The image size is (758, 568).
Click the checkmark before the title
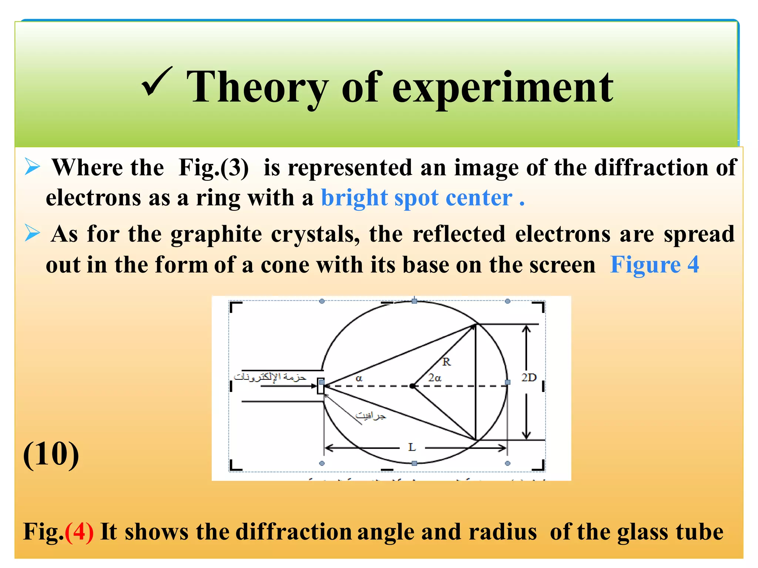pyautogui.click(x=157, y=82)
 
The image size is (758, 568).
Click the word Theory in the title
pyautogui.click(x=257, y=88)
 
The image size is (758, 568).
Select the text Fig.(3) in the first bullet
pyautogui.click(x=214, y=168)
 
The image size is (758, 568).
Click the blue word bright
pyautogui.click(x=354, y=198)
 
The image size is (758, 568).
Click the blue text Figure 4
pyautogui.click(x=654, y=265)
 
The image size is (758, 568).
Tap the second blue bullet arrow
pyautogui.click(x=33, y=233)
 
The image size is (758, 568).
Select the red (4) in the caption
pyautogui.click(x=79, y=532)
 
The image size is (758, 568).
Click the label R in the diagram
pyautogui.click(x=446, y=362)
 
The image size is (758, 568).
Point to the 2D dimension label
pyautogui.click(x=529, y=378)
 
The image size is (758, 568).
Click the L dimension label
pyautogui.click(x=412, y=447)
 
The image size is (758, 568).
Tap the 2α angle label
pyautogui.click(x=435, y=378)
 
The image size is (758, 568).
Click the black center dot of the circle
pyautogui.click(x=412, y=386)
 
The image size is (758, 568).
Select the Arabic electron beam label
pyautogui.click(x=270, y=377)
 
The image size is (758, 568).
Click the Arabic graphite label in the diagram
pyautogui.click(x=370, y=416)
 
